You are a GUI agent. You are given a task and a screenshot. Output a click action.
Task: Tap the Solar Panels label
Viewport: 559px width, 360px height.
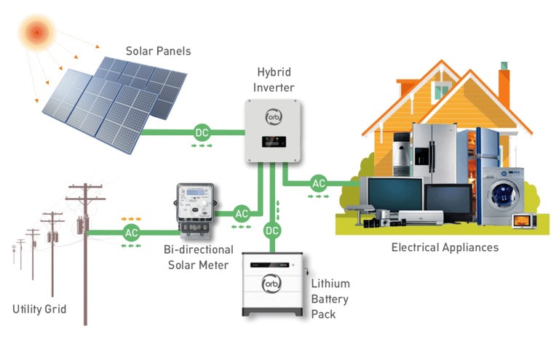click(159, 51)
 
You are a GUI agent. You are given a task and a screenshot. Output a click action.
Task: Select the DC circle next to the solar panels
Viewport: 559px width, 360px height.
click(202, 132)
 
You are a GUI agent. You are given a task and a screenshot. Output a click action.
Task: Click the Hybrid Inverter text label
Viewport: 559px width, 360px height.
click(274, 80)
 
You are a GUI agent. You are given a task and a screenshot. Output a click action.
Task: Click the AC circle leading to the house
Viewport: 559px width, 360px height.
click(319, 183)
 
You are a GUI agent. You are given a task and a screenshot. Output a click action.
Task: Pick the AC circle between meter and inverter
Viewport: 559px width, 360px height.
click(242, 214)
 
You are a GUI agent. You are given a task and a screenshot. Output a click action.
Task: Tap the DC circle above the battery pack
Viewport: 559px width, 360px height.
click(272, 231)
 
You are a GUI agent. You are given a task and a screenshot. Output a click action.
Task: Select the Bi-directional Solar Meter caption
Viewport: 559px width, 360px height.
click(197, 256)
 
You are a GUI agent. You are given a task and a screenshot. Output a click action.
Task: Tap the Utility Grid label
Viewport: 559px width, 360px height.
click(39, 309)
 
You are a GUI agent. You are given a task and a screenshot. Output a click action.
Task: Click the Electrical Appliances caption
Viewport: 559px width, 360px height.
click(445, 247)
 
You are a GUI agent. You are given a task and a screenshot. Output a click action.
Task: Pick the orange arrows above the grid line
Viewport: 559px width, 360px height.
click(131, 217)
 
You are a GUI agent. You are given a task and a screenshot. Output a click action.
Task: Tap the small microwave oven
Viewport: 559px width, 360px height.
click(523, 220)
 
